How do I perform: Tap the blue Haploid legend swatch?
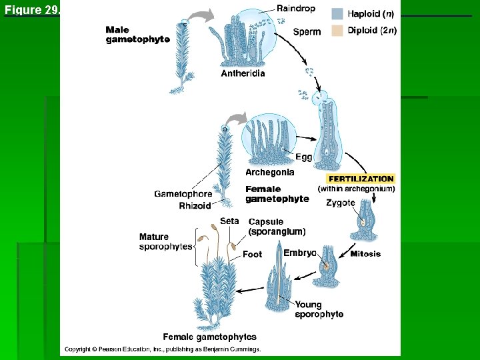pos(337,13)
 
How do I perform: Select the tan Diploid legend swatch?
pos(337,31)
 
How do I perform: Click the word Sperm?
pos(307,31)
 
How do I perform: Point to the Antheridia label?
pos(243,73)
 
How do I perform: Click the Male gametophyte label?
pos(137,35)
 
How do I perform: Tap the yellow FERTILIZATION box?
pos(361,179)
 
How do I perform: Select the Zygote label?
pos(340,203)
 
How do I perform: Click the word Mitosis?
pos(365,253)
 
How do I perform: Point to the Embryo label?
pos(299,253)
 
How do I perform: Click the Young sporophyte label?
pos(319,309)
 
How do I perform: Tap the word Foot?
pos(252,254)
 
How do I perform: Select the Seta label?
pos(229,221)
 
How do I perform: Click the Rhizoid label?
pos(195,205)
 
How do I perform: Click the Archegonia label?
pos(269,172)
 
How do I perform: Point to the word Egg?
pos(303,157)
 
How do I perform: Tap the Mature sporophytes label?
pos(165,241)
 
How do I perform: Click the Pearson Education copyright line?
pos(162,349)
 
